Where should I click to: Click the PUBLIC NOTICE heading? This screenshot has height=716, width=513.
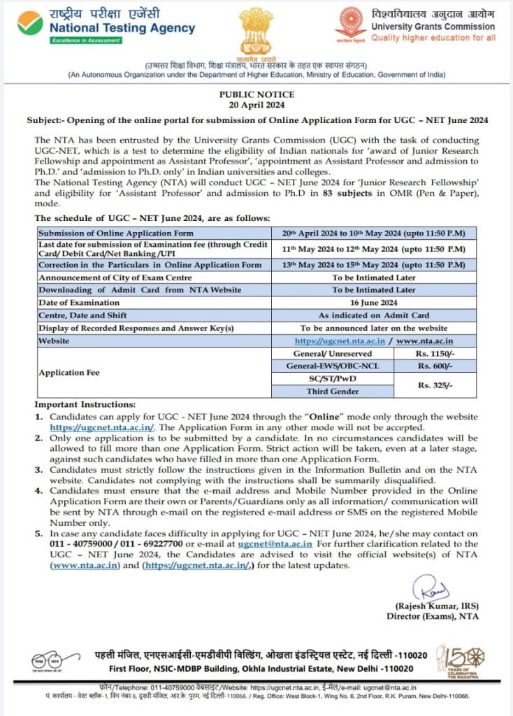click(x=256, y=94)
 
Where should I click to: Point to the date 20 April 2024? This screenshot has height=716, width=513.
click(x=256, y=105)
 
